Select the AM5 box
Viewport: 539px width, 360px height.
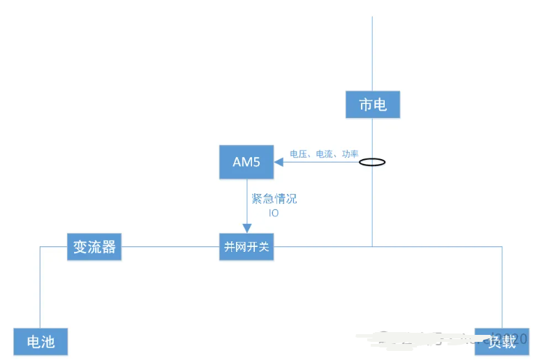tap(246, 162)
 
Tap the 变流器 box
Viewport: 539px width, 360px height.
tap(94, 246)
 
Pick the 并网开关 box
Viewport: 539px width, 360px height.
tap(246, 247)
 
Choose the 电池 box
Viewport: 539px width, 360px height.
tap(40, 342)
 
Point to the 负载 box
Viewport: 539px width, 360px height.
tap(501, 342)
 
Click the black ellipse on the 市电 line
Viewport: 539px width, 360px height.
tap(372, 163)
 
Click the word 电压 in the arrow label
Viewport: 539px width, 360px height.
tap(299, 153)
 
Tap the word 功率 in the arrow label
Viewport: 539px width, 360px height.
tap(350, 153)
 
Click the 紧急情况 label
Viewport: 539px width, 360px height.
tap(274, 199)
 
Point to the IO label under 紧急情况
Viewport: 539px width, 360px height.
tap(274, 213)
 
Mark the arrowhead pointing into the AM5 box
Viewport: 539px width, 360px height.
tap(278, 163)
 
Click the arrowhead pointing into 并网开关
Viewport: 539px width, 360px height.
tap(246, 228)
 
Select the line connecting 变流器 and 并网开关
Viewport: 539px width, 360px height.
tap(170, 247)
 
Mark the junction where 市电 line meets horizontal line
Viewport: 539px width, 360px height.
tap(372, 246)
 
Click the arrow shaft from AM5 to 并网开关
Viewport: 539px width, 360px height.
tap(246, 202)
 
